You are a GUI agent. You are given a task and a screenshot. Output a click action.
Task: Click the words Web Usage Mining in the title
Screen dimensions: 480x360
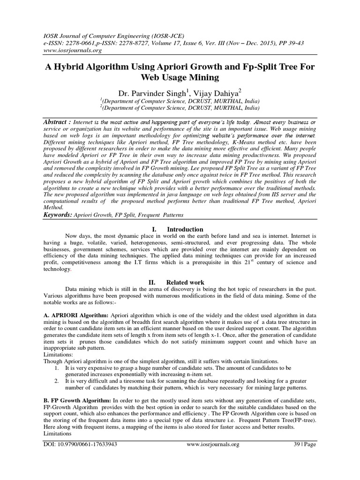coord(180,77)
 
